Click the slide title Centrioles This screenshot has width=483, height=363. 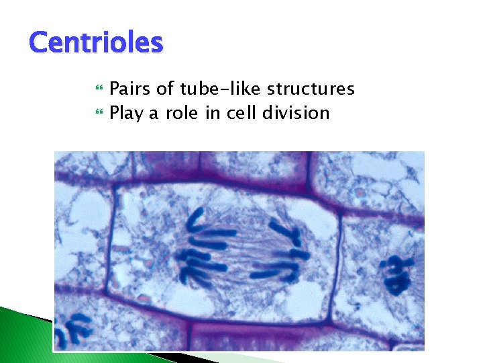(96, 43)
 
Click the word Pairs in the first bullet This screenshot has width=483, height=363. (127, 89)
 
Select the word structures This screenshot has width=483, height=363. (311, 89)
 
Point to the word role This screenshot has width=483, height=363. (181, 113)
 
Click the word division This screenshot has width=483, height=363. (296, 113)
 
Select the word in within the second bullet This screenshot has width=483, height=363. (213, 113)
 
